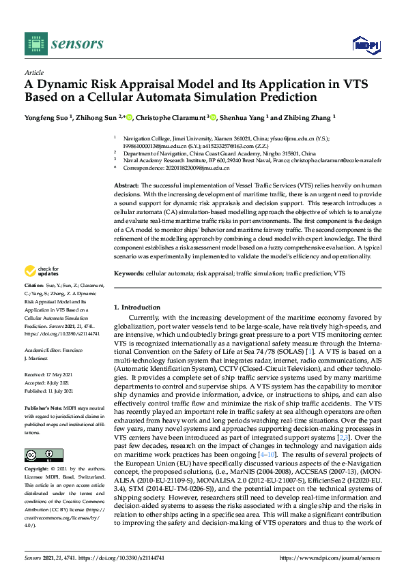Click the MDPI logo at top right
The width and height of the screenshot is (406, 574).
tap(365, 45)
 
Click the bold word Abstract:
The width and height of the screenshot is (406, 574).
tap(126, 185)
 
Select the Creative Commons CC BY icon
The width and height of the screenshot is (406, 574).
tap(39, 455)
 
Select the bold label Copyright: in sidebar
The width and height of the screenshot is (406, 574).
tap(37, 470)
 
